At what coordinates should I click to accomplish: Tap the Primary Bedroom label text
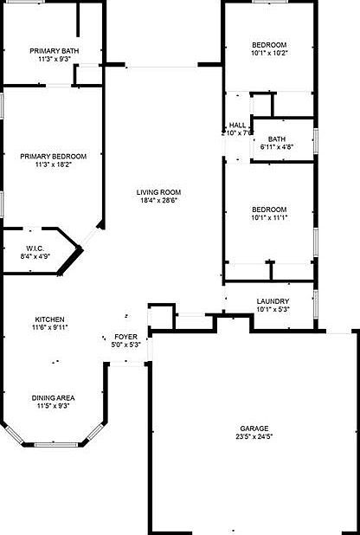[x=54, y=157]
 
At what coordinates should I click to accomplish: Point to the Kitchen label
[x=49, y=319]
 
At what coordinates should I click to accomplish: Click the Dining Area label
[x=54, y=397]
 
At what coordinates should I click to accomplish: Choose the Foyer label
[x=126, y=336]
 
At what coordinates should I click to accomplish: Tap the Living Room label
[x=157, y=192]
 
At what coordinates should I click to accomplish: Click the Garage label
[x=254, y=429]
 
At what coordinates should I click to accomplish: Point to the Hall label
[x=237, y=126]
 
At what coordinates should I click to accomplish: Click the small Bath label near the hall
[x=277, y=139]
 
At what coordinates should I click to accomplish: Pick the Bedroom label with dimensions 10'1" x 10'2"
[x=269, y=44]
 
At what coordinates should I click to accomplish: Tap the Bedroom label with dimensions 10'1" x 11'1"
[x=269, y=209]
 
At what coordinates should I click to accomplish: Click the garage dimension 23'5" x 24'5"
[x=254, y=437]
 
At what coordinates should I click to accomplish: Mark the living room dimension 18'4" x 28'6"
[x=157, y=201]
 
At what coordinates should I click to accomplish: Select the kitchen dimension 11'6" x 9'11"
[x=49, y=327]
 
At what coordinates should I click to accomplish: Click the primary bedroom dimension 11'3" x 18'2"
[x=54, y=165]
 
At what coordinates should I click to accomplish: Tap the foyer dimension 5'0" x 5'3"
[x=126, y=345]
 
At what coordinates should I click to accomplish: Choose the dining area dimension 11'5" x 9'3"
[x=54, y=406]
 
